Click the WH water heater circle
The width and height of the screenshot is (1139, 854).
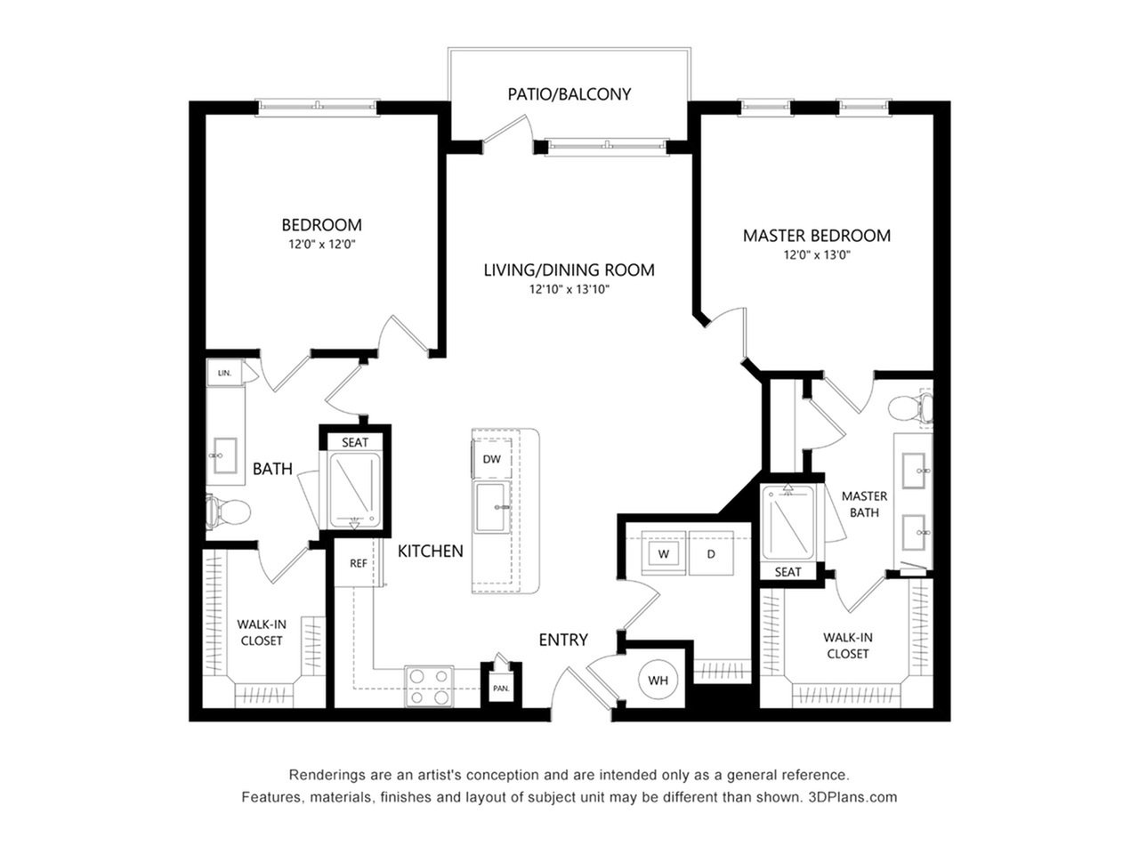coord(658,680)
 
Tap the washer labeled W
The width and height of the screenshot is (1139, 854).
coord(663,552)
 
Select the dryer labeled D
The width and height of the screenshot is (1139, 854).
coord(711,552)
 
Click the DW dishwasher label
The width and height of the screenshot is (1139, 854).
coord(491,459)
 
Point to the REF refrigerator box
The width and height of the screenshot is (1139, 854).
coord(358,563)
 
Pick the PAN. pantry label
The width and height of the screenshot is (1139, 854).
coord(501,689)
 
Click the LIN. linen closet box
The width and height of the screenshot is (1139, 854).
coord(225,373)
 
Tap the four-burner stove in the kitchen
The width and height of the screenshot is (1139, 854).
coord(429,687)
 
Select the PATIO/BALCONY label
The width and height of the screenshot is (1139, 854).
coord(569,94)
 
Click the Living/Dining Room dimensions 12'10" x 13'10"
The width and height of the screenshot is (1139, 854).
coord(569,289)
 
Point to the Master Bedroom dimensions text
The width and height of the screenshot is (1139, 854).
coord(817,255)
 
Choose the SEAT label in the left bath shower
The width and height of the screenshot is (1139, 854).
coord(355,442)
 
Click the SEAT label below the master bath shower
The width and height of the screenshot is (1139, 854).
coord(788,572)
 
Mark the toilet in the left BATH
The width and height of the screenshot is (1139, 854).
coord(229,512)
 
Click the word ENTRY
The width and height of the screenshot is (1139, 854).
coord(563,640)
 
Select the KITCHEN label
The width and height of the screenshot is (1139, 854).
coord(430,551)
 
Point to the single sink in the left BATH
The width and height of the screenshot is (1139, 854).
coord(225,455)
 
